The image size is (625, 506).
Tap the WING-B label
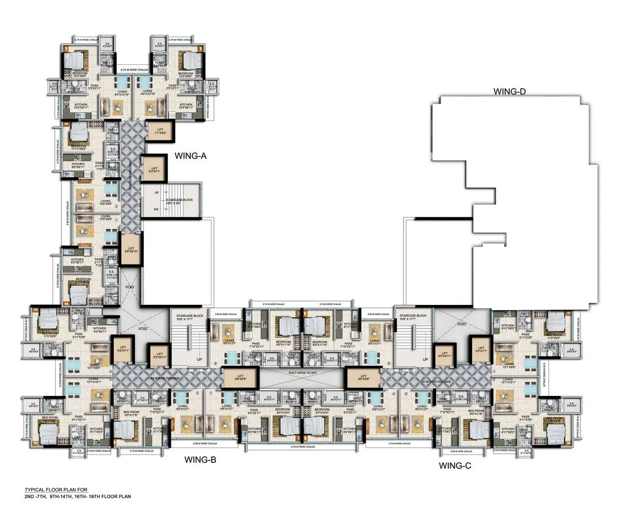201,460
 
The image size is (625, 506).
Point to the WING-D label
509,91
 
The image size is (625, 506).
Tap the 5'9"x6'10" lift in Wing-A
130,250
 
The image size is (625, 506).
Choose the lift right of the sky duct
362,377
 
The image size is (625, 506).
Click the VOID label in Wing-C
461,324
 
